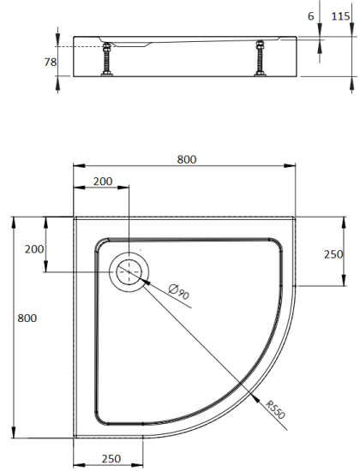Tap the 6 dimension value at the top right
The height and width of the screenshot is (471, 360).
[309, 16]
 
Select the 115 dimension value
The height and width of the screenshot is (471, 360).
[340, 16]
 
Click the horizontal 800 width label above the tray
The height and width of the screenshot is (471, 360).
[187, 158]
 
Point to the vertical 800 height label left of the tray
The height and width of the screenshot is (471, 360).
[27, 317]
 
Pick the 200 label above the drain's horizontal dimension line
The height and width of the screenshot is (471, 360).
[103, 181]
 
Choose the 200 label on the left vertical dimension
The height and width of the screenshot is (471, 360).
[34, 249]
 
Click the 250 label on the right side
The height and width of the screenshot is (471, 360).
[333, 253]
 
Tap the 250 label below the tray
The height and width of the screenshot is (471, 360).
[111, 459]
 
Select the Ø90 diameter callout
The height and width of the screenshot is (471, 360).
[179, 293]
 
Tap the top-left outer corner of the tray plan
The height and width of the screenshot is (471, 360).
[74, 216]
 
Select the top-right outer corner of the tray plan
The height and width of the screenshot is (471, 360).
[299, 216]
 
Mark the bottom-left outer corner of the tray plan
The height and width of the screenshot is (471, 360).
[74, 434]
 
